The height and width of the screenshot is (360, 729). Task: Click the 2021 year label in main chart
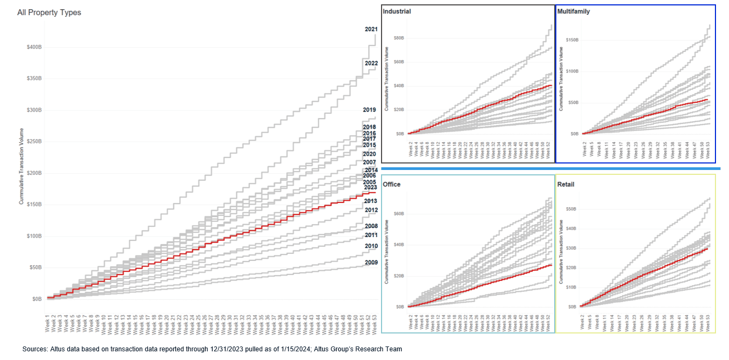click(371, 29)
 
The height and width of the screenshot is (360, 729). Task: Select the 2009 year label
click(371, 263)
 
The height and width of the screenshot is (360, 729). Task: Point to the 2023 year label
click(371, 187)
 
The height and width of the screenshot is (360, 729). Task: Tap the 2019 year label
click(370, 110)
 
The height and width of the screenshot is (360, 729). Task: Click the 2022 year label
click(371, 63)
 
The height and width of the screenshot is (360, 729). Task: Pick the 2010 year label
click(371, 246)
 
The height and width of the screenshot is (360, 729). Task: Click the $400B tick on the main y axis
click(34, 47)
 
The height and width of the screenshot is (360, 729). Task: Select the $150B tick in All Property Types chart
click(34, 205)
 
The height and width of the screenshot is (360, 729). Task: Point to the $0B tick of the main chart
click(36, 299)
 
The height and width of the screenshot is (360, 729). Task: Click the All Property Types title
click(49, 12)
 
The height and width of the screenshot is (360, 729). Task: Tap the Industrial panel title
click(397, 11)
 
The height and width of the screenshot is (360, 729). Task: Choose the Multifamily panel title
click(573, 11)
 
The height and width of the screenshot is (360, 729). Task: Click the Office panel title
click(392, 185)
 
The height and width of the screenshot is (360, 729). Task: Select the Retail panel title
click(567, 185)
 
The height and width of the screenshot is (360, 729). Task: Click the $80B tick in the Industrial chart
click(400, 38)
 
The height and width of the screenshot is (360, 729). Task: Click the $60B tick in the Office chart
click(400, 214)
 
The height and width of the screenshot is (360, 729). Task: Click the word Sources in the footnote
click(35, 349)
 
